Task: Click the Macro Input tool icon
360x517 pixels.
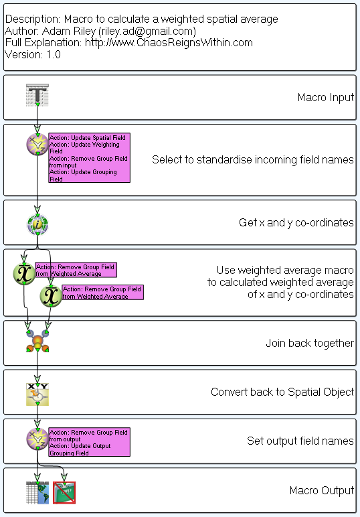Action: pos(37,95)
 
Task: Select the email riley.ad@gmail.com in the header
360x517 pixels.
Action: pos(147,31)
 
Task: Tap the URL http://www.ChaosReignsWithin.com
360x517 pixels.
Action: pos(169,43)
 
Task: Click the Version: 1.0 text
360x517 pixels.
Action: pos(33,54)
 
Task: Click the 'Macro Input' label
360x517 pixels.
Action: pos(326,97)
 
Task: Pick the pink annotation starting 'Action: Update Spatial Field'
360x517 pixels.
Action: pos(89,157)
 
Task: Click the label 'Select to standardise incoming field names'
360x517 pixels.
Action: pos(253,159)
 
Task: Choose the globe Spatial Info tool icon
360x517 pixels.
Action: pos(37,224)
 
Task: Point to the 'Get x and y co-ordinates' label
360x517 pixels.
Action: pos(296,222)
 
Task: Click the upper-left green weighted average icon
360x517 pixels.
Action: pos(24,274)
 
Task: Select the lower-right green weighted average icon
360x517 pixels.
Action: pos(51,296)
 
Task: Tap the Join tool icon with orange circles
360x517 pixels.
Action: pos(37,342)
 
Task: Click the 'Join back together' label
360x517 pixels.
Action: pos(310,344)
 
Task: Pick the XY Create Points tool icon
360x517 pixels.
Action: pos(37,394)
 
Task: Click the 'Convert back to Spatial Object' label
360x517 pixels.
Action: pos(282,392)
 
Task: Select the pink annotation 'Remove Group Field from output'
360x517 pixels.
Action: pos(89,442)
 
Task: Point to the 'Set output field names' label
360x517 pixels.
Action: pos(300,441)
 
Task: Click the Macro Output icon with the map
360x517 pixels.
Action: pos(37,493)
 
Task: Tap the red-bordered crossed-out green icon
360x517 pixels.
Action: pos(64,493)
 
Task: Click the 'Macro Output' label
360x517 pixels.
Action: pos(322,490)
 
